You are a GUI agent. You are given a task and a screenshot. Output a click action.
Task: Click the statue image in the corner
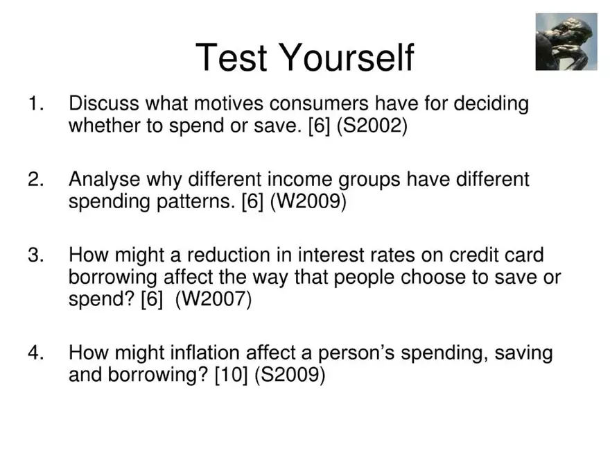pyautogui.click(x=566, y=42)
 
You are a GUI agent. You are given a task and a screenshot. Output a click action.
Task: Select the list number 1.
pyautogui.click(x=35, y=105)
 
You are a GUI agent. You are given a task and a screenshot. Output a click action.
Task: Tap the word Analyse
pyautogui.click(x=106, y=180)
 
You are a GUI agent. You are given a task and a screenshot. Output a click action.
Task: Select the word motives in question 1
pyautogui.click(x=229, y=105)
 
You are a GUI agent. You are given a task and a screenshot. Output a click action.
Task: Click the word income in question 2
pyautogui.click(x=298, y=180)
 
